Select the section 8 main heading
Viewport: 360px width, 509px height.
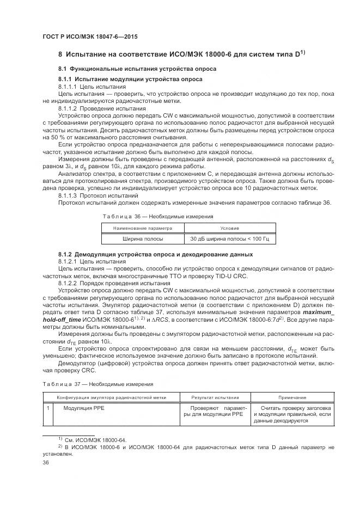pyautogui.click(x=181, y=54)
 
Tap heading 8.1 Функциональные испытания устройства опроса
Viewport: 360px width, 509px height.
pyautogui.click(x=137, y=69)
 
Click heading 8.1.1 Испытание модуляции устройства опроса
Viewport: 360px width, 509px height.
pyautogui.click(x=130, y=79)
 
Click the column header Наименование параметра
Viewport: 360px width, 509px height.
pyautogui.click(x=142, y=228)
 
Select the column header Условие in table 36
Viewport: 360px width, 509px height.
pyautogui.click(x=229, y=228)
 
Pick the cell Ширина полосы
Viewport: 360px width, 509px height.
pyautogui.click(x=143, y=238)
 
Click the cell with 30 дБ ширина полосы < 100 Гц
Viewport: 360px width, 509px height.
pyautogui.click(x=229, y=238)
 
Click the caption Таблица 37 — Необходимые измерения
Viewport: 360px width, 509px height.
pyautogui.click(x=97, y=384)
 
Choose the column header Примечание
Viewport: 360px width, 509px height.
pyautogui.click(x=292, y=397)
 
